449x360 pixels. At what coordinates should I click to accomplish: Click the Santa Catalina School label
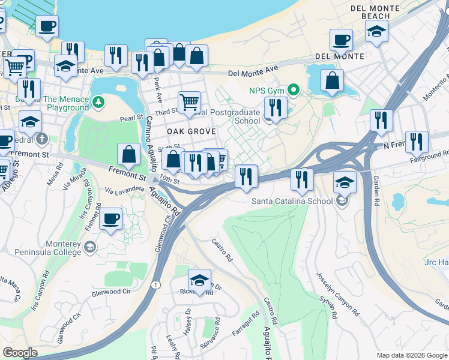click(x=292, y=201)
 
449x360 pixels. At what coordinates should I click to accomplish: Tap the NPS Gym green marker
click(x=294, y=91)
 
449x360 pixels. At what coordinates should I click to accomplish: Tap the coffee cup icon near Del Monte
click(x=341, y=40)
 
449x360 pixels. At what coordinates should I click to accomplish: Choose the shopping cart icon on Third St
click(x=189, y=102)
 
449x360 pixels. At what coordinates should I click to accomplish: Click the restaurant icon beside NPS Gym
click(x=276, y=108)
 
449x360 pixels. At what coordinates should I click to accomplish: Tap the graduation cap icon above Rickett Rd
click(x=200, y=280)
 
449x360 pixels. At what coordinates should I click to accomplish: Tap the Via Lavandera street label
click(x=125, y=190)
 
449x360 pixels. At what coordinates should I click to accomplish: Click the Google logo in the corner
click(x=20, y=353)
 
